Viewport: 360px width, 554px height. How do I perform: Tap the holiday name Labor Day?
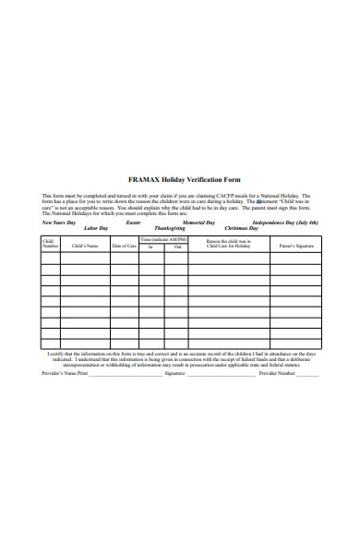coord(96,227)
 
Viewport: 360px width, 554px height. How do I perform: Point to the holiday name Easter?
coord(133,223)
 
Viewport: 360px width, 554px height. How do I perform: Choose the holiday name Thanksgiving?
coord(169,227)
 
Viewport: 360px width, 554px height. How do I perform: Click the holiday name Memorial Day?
coord(198,223)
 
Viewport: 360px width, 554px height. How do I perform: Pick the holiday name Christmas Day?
coord(241,227)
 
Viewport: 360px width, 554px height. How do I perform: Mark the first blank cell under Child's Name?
coord(85,258)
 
